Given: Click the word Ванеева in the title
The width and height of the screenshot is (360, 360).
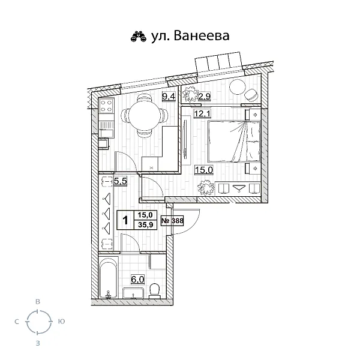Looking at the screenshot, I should point(203,36).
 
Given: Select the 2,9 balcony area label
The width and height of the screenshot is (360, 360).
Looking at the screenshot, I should point(203,96).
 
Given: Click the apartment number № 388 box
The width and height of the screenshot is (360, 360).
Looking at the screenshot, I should point(173,220).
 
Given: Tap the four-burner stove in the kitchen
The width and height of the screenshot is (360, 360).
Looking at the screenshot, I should point(107,108).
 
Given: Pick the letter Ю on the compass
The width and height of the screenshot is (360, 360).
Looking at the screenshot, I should point(61,322).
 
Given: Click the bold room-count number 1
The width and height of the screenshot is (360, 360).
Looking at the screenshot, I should point(125,220).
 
